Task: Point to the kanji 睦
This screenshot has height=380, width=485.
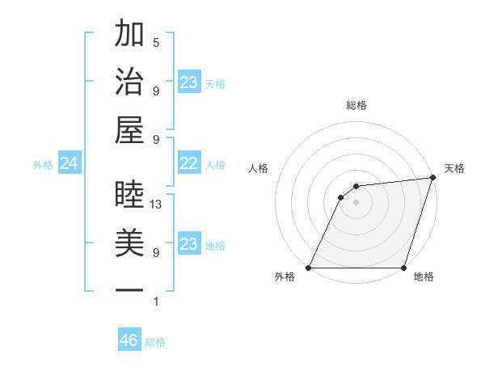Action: pyautogui.click(x=129, y=194)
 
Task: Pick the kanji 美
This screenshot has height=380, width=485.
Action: pyautogui.click(x=129, y=243)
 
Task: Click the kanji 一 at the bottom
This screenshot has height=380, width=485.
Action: pyautogui.click(x=129, y=289)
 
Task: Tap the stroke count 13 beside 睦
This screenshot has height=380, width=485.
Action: pyautogui.click(x=156, y=205)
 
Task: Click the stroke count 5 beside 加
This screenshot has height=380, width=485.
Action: pyautogui.click(x=156, y=42)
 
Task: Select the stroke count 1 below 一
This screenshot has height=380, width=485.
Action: pyautogui.click(x=156, y=302)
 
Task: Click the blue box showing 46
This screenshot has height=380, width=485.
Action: pyautogui.click(x=129, y=340)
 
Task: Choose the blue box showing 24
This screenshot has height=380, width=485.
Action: pyautogui.click(x=69, y=164)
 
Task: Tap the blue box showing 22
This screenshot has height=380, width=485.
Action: pyautogui.click(x=188, y=164)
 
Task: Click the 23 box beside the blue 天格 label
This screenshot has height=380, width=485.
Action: pyautogui.click(x=188, y=82)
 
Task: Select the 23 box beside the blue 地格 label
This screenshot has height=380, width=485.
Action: pyautogui.click(x=188, y=245)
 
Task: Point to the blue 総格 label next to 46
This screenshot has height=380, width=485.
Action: pyautogui.click(x=155, y=342)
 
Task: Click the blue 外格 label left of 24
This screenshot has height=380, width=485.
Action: pyautogui.click(x=43, y=165)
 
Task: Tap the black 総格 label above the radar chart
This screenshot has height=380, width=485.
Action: pyautogui.click(x=356, y=105)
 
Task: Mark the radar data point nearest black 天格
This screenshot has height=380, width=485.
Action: pyautogui.click(x=433, y=178)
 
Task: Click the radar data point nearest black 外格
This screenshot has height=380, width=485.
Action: pyautogui.click(x=309, y=268)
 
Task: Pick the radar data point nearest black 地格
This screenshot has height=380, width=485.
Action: pyautogui.click(x=403, y=268)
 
